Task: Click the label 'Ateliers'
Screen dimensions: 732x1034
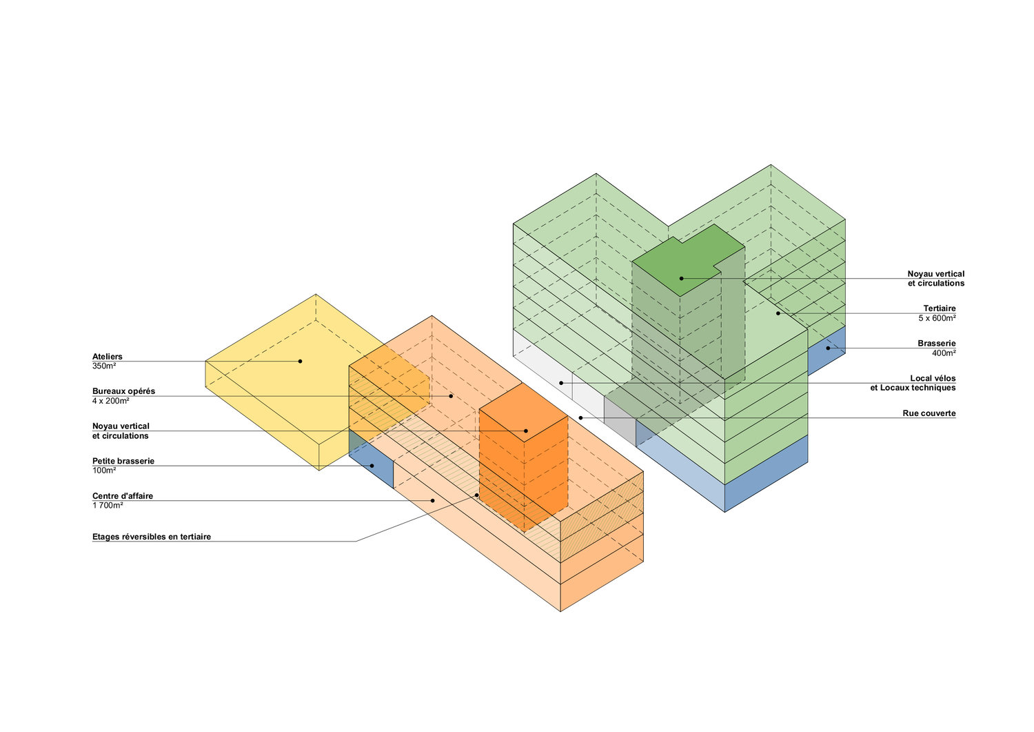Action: click(x=108, y=357)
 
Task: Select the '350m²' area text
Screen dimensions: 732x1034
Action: click(x=104, y=366)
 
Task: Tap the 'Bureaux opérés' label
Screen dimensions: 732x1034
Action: click(x=124, y=391)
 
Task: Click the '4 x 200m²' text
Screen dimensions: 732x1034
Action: click(x=111, y=401)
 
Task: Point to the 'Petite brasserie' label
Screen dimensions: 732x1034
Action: click(x=123, y=461)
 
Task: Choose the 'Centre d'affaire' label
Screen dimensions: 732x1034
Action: click(x=123, y=496)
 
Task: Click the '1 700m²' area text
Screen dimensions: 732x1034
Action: click(x=108, y=506)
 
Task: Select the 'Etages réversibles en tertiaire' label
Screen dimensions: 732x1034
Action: click(x=152, y=537)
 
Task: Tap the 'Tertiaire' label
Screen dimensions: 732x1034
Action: click(x=940, y=308)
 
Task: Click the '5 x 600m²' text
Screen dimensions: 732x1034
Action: click(x=937, y=318)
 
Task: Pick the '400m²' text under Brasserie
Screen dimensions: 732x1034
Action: click(x=944, y=353)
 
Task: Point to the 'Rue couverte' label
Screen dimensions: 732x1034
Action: click(x=929, y=413)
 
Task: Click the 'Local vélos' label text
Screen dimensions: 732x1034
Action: click(x=933, y=378)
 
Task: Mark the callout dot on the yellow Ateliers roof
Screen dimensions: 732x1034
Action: click(x=300, y=361)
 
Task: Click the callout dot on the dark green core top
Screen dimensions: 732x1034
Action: click(x=681, y=278)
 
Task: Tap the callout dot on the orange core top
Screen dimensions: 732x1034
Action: click(x=525, y=431)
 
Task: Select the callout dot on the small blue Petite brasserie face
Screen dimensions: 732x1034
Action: click(x=372, y=466)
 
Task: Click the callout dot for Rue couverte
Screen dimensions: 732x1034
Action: click(x=580, y=417)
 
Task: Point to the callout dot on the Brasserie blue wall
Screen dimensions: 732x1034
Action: click(x=828, y=348)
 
